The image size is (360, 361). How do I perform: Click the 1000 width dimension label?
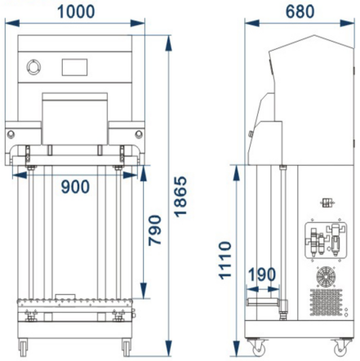pyautogui.click(x=76, y=12)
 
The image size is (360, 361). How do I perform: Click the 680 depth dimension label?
pyautogui.click(x=300, y=12)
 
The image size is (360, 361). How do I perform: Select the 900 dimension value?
pyautogui.click(x=75, y=187)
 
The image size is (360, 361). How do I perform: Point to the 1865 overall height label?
pyautogui.click(x=180, y=197)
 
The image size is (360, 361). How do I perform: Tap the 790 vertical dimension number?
pyautogui.click(x=154, y=230)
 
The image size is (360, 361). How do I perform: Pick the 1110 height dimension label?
pyautogui.click(x=225, y=261)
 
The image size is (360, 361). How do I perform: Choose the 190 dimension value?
pyautogui.click(x=262, y=274)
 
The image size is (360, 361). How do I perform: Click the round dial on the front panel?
pyautogui.click(x=33, y=67)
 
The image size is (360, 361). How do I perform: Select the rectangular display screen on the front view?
pyautogui.click(x=74, y=67)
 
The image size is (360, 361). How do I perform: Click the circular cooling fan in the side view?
pyautogui.click(x=326, y=277)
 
